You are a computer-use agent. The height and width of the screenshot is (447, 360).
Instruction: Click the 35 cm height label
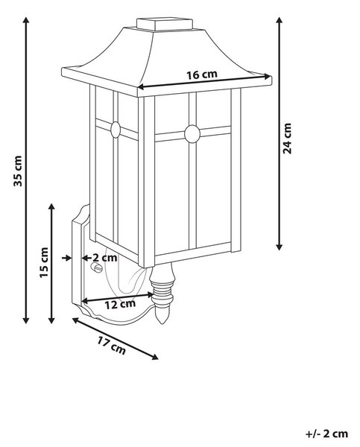click(18, 171)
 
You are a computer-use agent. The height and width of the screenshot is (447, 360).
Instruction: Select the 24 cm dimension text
click(287, 139)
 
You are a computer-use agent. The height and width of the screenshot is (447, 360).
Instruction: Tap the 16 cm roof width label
click(202, 74)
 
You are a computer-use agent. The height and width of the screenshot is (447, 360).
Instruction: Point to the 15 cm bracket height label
click(44, 262)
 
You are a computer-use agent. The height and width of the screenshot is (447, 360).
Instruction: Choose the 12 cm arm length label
click(120, 304)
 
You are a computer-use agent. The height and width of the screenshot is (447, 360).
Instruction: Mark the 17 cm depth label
click(111, 345)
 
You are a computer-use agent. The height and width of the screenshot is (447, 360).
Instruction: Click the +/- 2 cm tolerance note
click(327, 434)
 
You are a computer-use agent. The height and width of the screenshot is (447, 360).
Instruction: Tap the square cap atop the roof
click(165, 24)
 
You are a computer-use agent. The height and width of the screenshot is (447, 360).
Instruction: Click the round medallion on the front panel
click(192, 133)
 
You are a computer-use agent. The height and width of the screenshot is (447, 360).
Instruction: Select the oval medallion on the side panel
click(116, 130)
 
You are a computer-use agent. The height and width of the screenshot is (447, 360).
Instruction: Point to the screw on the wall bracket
click(96, 267)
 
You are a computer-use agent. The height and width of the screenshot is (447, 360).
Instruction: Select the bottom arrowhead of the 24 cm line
click(280, 247)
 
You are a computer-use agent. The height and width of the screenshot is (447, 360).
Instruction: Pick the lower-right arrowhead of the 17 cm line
click(155, 357)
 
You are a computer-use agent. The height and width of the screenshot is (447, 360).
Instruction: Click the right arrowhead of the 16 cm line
click(268, 76)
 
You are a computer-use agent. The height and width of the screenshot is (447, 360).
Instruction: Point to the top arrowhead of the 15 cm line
click(51, 206)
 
